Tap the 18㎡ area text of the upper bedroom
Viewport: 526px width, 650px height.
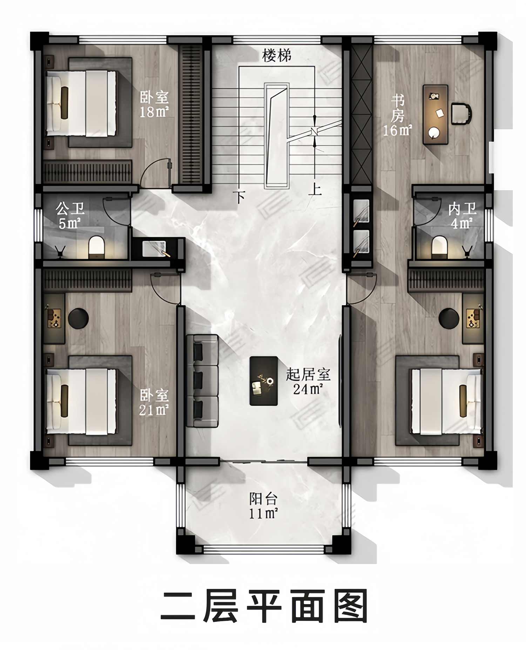tap(154, 112)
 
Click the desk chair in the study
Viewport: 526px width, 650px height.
tap(460, 113)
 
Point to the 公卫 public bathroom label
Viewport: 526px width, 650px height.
tap(70, 209)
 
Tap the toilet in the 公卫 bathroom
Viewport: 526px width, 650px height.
tap(96, 247)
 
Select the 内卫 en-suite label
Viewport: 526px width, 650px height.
tap(462, 209)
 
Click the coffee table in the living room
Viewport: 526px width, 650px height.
tap(264, 381)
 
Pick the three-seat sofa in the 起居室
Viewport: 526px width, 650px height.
tap(202, 381)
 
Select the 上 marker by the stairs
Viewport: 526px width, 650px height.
tap(315, 190)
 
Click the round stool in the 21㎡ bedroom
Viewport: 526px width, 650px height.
tap(78, 318)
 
